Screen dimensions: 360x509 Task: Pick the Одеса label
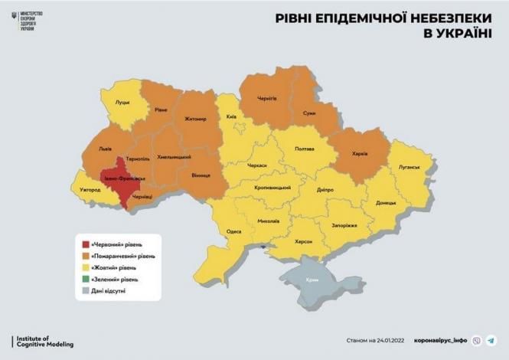click(x=235, y=231)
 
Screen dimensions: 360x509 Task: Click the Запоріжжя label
click(x=344, y=226)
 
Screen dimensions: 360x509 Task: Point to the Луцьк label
click(x=122, y=101)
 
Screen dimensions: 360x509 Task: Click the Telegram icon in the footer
click(x=491, y=341)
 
